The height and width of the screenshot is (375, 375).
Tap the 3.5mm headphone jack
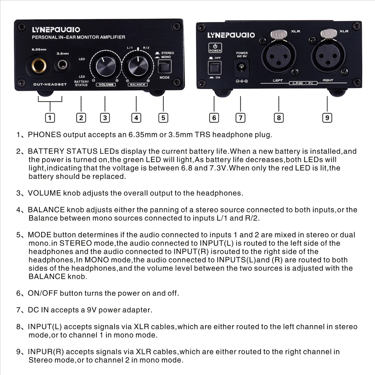point(61,67)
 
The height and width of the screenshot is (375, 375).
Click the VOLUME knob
point(106,67)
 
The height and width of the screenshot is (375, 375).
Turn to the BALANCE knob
point(138,66)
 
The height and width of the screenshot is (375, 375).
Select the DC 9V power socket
point(241,68)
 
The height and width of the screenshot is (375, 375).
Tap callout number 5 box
point(163,117)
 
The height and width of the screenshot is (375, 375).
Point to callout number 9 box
point(327,117)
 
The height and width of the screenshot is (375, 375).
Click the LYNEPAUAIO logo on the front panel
point(56,30)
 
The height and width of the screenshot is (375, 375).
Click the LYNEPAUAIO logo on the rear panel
point(231,35)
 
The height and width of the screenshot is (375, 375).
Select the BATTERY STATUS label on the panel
point(81,83)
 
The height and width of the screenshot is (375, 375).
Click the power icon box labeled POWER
point(215,48)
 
